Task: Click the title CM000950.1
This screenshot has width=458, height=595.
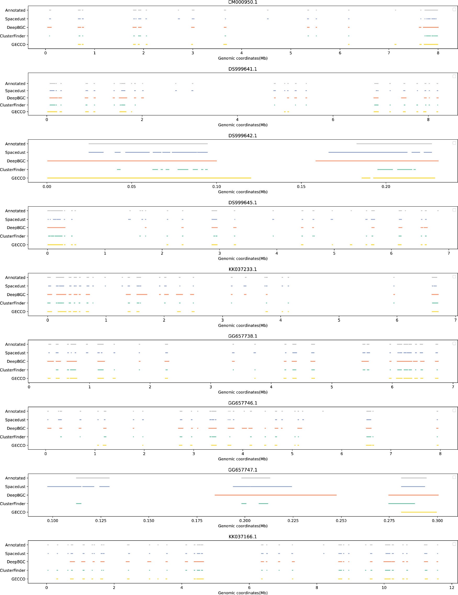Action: (242, 2)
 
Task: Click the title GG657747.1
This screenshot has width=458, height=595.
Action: (242, 470)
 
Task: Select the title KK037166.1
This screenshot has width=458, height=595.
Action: (242, 537)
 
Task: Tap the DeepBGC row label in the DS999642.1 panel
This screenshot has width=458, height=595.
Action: (16, 161)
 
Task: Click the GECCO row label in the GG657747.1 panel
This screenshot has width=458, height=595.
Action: (18, 512)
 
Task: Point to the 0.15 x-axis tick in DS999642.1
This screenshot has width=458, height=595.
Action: (301, 187)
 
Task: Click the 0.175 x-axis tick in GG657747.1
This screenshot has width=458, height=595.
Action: (197, 521)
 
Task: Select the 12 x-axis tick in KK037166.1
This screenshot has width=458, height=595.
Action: (451, 587)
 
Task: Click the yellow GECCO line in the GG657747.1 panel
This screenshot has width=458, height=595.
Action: (419, 512)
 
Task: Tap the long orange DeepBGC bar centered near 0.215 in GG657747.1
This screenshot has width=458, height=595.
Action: (275, 495)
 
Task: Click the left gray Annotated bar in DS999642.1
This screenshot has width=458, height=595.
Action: (148, 144)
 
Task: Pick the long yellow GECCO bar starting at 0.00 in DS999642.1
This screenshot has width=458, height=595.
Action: (149, 178)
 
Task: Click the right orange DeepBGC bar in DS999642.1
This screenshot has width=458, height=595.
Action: (377, 161)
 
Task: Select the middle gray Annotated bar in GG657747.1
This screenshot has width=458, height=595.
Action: (256, 478)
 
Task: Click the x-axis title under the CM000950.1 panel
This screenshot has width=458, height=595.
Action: (242, 58)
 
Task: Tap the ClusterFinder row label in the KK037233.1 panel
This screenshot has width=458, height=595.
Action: (13, 303)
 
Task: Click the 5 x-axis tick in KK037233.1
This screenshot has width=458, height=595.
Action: (339, 320)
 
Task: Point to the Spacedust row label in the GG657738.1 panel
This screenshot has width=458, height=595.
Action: (15, 353)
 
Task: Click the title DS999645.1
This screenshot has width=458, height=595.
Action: (242, 203)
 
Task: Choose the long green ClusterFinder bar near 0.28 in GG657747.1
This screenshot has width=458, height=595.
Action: (402, 503)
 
